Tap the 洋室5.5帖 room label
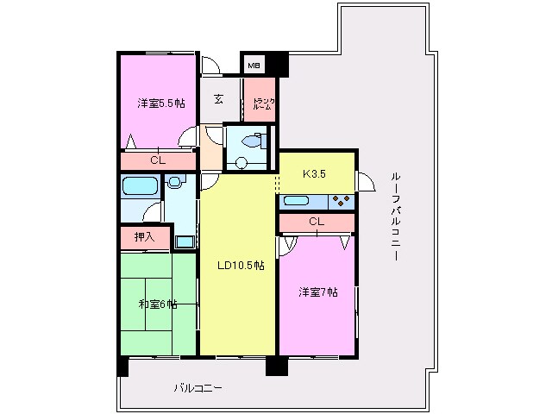[x=160, y=103]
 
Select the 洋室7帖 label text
[x=318, y=292]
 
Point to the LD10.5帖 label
[x=240, y=266]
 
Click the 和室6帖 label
[x=157, y=304]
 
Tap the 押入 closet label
[x=144, y=235]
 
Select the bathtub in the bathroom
[x=139, y=185]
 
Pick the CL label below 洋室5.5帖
[x=157, y=160]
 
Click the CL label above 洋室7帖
[x=317, y=223]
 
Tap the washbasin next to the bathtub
[x=174, y=182]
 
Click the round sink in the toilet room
[x=241, y=161]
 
